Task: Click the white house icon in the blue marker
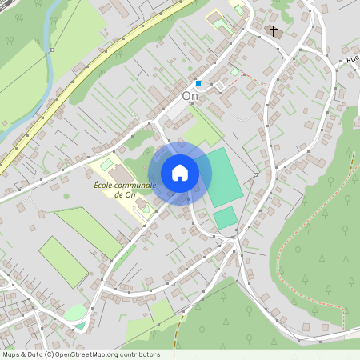point(180,172)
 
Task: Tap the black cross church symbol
point(274,31)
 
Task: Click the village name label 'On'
point(190,95)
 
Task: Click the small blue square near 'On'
point(198,82)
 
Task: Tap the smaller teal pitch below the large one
point(226,218)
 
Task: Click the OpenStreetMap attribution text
point(81,354)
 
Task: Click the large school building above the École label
point(117,173)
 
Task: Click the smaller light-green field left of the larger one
point(62,261)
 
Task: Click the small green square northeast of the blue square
point(234,72)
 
